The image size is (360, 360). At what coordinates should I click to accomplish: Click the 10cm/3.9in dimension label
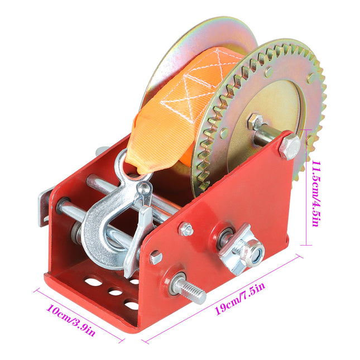point(71,320)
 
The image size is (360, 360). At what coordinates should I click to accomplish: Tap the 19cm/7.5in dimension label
point(240,298)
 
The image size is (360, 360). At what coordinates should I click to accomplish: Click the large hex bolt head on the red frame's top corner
point(289,146)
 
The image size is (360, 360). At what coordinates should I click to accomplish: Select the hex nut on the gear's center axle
point(255,122)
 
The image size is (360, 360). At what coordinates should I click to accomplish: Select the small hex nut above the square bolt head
point(186,229)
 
